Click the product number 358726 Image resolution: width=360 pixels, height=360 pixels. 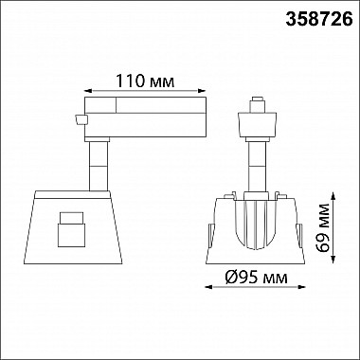[319, 20]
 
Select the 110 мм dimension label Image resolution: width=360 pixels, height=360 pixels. [145, 81]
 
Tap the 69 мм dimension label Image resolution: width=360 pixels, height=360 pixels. [322, 228]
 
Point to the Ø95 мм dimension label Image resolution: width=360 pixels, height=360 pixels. [257, 278]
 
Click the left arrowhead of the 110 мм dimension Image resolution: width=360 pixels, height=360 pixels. [88, 91]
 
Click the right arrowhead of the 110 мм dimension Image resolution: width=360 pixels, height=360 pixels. [202, 91]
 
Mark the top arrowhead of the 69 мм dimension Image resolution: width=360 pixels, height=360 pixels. [333, 197]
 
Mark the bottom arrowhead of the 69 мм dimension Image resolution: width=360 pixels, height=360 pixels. [333, 260]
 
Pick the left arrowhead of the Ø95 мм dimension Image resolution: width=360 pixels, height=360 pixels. [209, 287]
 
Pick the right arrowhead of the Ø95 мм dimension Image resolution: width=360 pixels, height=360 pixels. [301, 287]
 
